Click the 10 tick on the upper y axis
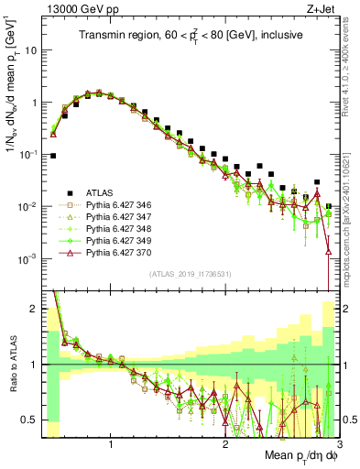tap(32, 51)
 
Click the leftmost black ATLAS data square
tap(53, 156)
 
